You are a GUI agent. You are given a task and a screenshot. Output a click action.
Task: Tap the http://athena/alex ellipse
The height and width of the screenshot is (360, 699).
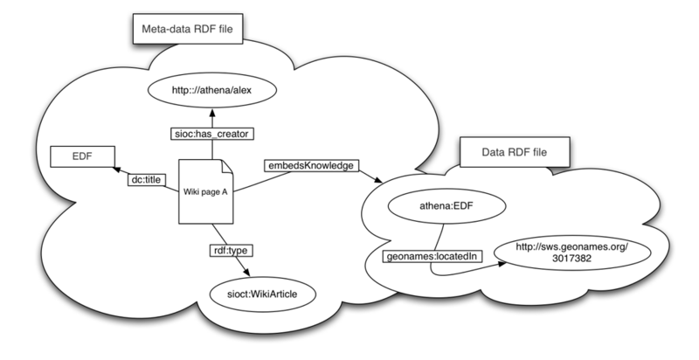coord(212,88)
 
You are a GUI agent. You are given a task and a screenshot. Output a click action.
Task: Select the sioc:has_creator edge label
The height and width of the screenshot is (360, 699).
coord(211,135)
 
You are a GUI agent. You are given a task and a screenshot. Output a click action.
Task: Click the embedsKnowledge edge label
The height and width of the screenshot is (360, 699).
coord(308,164)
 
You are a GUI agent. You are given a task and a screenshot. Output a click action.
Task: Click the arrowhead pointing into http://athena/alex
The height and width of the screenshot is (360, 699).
coord(212,111)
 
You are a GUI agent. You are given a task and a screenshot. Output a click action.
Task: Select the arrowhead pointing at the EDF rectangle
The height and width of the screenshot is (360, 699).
coord(115,172)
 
